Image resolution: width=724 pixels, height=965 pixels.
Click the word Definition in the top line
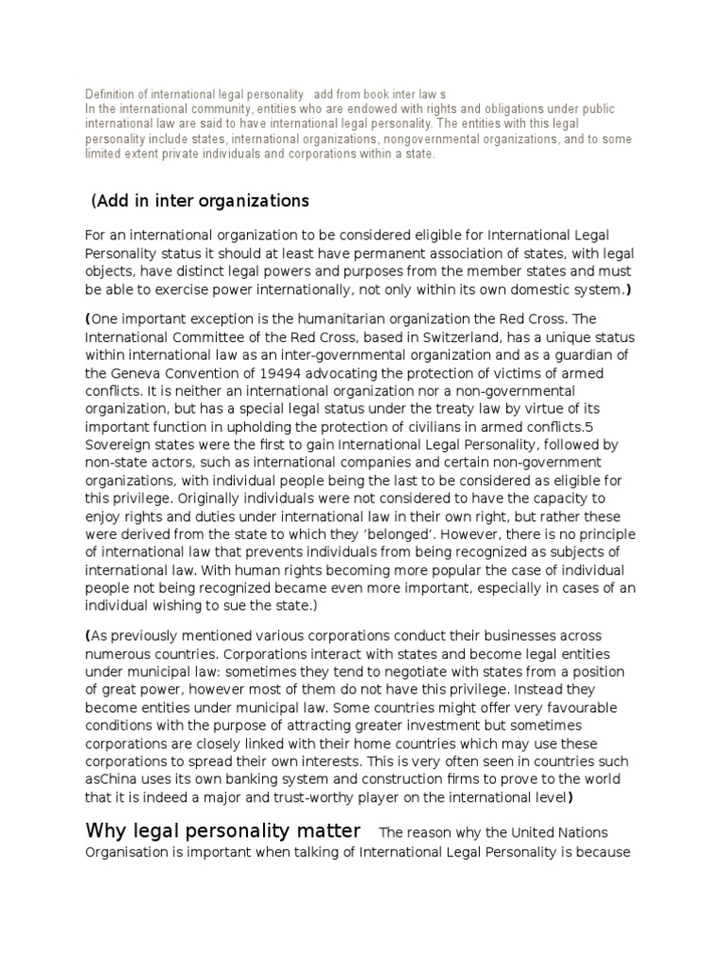[108, 95]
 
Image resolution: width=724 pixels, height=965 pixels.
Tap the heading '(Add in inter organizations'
[201, 201]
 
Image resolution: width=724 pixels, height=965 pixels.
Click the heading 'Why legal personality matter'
[222, 830]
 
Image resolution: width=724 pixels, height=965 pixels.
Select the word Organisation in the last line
[128, 850]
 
